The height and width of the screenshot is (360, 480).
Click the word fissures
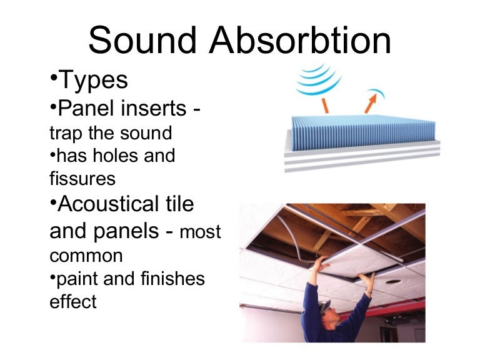[82, 179]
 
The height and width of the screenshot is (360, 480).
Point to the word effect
[72, 302]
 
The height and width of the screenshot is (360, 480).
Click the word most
[201, 233]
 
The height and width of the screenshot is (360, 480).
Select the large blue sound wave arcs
[318, 79]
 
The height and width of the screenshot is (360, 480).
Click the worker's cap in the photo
[323, 306]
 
